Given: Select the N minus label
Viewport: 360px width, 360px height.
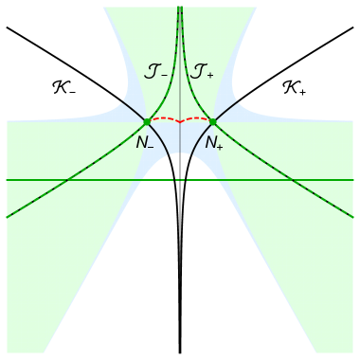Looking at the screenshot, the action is click(145, 144).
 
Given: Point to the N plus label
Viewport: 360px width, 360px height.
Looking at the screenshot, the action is click(214, 144).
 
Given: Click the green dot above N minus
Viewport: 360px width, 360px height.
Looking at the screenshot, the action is click(146, 122).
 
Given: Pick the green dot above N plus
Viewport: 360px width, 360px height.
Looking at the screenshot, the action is click(213, 122).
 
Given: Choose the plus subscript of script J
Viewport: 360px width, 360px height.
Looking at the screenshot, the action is click(210, 74).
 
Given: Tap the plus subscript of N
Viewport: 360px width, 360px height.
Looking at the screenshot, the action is click(220, 148).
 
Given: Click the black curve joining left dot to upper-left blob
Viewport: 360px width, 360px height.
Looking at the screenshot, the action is click(133, 112).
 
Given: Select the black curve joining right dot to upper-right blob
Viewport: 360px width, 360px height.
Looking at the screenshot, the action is click(227, 112).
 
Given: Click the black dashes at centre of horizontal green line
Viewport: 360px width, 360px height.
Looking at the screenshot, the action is click(180, 179).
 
